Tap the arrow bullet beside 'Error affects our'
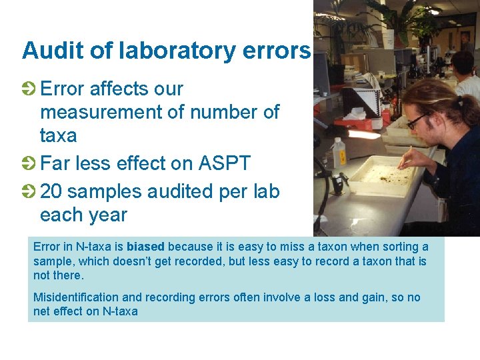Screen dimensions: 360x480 (x=29, y=89)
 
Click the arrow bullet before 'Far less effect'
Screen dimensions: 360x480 (x=29, y=163)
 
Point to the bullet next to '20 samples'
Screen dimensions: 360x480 (x=29, y=192)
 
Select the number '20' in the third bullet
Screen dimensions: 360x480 (x=51, y=192)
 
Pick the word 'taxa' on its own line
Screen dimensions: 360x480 (x=58, y=136)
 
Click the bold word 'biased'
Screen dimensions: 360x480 (x=145, y=247)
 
